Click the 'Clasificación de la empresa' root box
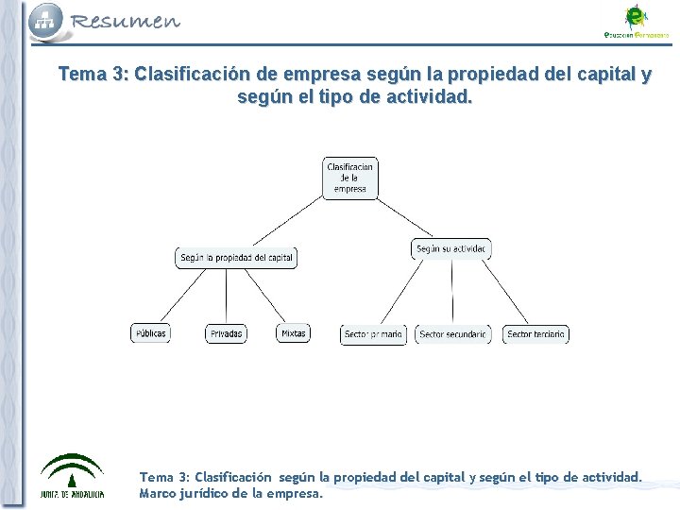pos(349,178)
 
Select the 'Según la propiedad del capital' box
pos(236,258)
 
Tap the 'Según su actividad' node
pos(451,249)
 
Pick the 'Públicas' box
pos(150,333)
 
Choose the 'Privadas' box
pos(226,333)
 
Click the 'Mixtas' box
pos(293,333)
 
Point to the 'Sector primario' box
pos(373,334)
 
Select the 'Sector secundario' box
pos(452,334)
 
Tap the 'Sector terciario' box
pos(535,334)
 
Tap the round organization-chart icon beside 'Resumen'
pos(45,19)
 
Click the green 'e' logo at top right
pos(636,16)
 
